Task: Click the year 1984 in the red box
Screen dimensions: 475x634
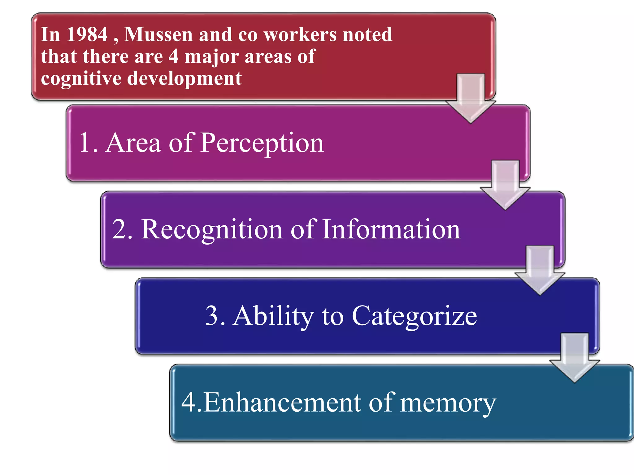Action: point(87,34)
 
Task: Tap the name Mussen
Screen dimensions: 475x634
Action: point(158,34)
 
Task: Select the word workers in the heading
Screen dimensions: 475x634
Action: point(300,34)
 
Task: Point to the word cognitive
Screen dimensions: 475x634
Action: point(81,79)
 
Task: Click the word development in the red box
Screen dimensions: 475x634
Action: point(185,79)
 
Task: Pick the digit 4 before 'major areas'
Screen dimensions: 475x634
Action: point(173,57)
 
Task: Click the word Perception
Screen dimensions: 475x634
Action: point(262,143)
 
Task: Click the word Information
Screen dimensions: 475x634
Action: point(391,229)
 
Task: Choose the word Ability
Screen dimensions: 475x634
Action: point(273,316)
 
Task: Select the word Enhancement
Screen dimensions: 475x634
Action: point(282,403)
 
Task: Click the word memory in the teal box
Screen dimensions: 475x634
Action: point(448,403)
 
